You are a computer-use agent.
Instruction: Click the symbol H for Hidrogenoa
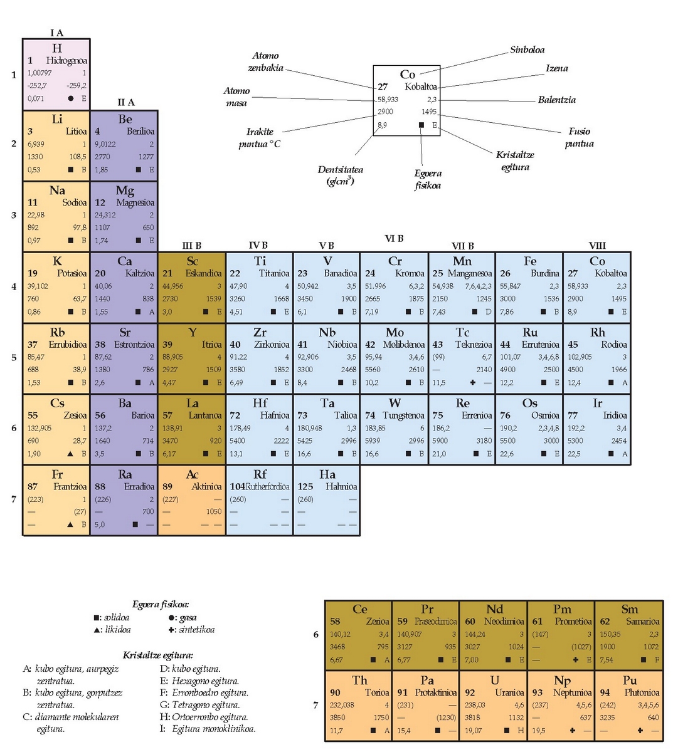56,48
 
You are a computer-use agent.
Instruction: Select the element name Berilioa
140,132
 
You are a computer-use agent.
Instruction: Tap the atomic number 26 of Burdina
505,273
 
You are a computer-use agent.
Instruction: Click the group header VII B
462,246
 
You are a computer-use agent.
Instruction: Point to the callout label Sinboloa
527,50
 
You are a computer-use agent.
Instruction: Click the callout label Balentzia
556,100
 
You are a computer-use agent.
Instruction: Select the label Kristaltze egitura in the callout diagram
515,161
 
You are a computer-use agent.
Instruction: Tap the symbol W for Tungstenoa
395,403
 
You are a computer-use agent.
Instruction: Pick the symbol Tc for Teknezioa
462,332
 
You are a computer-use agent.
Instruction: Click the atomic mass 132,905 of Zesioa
39,428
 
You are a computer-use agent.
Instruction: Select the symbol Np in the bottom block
562,681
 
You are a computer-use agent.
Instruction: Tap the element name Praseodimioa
435,621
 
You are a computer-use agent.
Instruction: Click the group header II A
125,102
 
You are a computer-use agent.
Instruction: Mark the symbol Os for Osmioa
529,403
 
